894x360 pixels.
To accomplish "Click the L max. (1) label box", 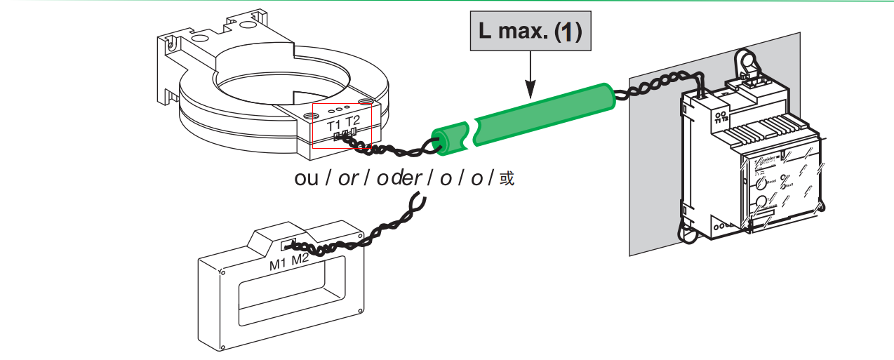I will (530, 33).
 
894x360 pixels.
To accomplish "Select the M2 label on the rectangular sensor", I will (300, 260).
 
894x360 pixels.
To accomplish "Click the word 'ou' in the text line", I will (307, 178).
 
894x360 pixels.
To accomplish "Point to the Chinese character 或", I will (507, 179).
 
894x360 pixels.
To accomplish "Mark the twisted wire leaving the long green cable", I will (646, 88).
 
